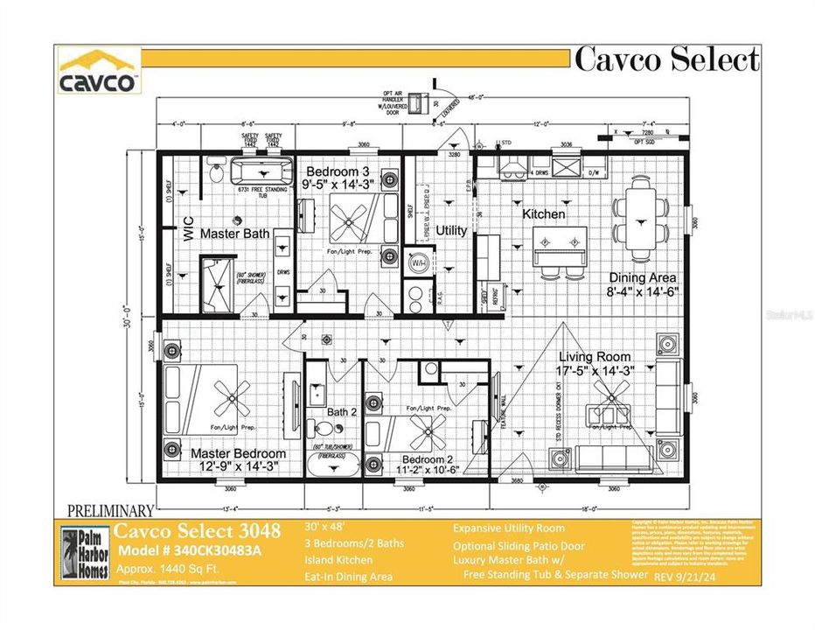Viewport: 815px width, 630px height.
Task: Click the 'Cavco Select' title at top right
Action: click(666, 59)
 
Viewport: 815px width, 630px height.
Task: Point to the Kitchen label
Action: click(544, 213)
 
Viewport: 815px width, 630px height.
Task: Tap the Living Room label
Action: click(596, 356)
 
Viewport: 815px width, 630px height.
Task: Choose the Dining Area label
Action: click(644, 276)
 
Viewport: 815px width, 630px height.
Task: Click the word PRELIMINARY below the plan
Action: click(110, 510)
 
